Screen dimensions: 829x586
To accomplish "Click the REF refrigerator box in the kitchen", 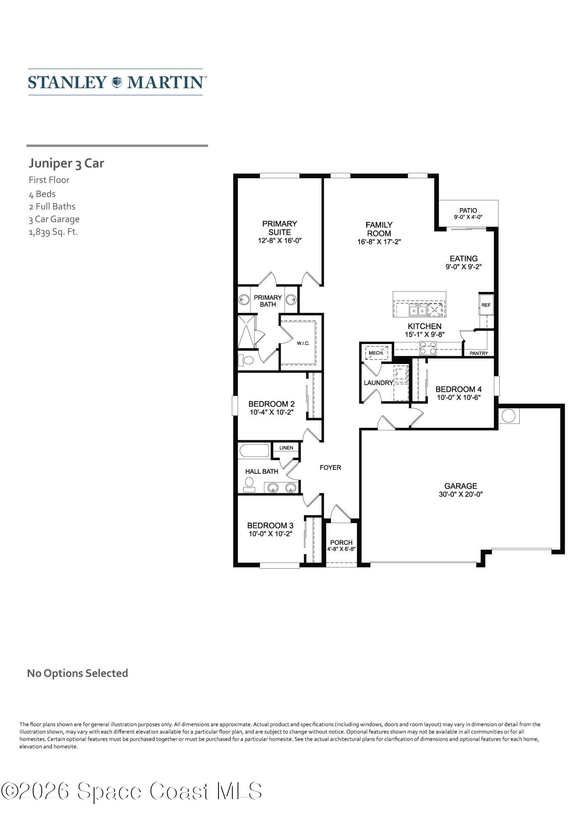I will click(x=486, y=305).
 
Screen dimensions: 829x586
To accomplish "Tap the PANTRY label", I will click(x=479, y=353).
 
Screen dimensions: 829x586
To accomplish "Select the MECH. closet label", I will click(x=376, y=353).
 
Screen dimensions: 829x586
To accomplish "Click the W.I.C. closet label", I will click(x=303, y=343).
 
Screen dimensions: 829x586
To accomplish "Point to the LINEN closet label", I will click(x=286, y=448).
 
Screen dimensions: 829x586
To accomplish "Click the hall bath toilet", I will click(x=249, y=484).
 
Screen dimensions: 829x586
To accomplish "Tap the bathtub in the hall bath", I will click(x=254, y=451).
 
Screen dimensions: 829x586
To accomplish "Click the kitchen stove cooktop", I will click(x=428, y=348).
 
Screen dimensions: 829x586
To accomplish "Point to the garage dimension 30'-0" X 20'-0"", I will click(x=460, y=494).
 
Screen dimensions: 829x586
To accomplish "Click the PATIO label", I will click(x=468, y=211).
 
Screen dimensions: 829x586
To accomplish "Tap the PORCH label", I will click(x=341, y=543).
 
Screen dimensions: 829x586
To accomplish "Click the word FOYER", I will click(x=330, y=468).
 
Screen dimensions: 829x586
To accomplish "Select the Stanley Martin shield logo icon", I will click(x=117, y=82).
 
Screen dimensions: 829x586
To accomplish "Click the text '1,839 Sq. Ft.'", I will click(x=53, y=232).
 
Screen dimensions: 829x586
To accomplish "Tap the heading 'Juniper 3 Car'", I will click(x=66, y=163).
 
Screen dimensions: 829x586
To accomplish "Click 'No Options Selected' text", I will click(x=77, y=674).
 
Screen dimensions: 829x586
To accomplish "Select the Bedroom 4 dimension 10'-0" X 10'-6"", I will click(x=458, y=398).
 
